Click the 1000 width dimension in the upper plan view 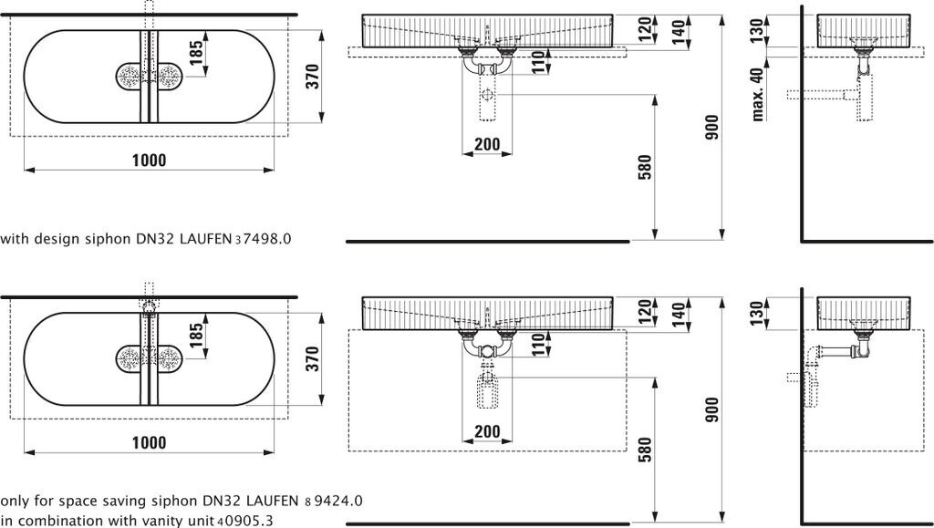pos(149,160)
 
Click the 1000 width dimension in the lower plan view pos(149,442)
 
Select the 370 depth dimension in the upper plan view pos(313,77)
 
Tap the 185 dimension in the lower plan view pos(196,336)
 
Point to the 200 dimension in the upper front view pos(487,144)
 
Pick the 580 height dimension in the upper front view pos(645,167)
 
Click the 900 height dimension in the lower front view pos(712,409)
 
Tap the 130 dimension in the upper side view pos(756,31)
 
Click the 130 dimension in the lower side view pos(756,314)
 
